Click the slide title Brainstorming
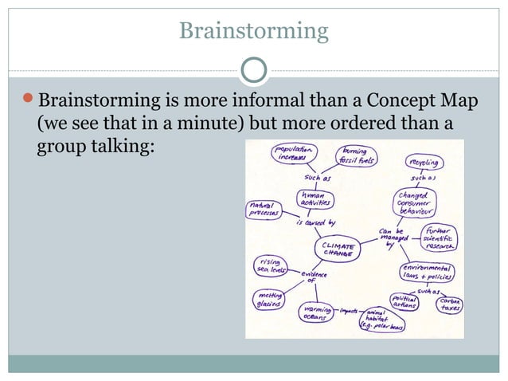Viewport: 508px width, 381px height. coord(253,31)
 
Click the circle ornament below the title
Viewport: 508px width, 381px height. coord(253,70)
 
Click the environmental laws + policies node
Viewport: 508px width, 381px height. coord(429,271)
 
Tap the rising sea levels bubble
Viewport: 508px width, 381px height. coord(271,265)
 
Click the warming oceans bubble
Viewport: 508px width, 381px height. coord(317,312)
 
